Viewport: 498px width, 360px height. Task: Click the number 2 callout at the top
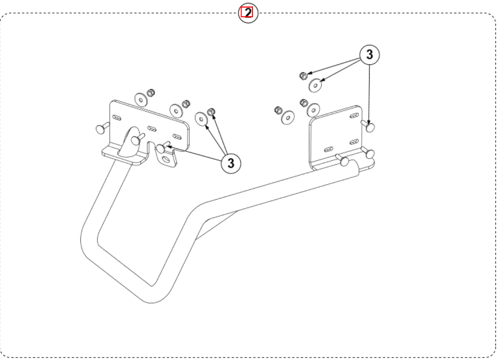pyautogui.click(x=248, y=13)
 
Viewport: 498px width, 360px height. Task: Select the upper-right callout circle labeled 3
pyautogui.click(x=369, y=54)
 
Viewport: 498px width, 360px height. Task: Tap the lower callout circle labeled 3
pyautogui.click(x=231, y=163)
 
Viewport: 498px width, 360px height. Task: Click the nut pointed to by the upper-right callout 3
pyautogui.click(x=304, y=76)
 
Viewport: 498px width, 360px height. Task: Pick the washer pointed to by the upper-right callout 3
pyautogui.click(x=315, y=85)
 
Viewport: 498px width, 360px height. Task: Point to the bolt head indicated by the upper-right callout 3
pyautogui.click(x=370, y=127)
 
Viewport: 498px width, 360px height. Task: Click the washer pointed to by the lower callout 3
pyautogui.click(x=201, y=119)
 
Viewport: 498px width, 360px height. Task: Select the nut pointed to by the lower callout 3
pyautogui.click(x=211, y=112)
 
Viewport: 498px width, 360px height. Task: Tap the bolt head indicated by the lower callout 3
pyautogui.click(x=161, y=148)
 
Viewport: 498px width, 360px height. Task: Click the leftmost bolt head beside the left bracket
pyautogui.click(x=100, y=129)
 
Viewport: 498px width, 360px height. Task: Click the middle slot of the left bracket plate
pyautogui.click(x=152, y=129)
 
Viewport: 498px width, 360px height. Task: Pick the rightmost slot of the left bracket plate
pyautogui.click(x=177, y=136)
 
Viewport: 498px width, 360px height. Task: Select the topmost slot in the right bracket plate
pyautogui.click(x=354, y=116)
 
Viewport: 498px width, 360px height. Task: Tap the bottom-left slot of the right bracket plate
pyautogui.click(x=329, y=149)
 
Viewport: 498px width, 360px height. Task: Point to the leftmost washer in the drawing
pyautogui.click(x=141, y=100)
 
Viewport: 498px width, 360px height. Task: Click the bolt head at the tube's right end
pyautogui.click(x=345, y=161)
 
